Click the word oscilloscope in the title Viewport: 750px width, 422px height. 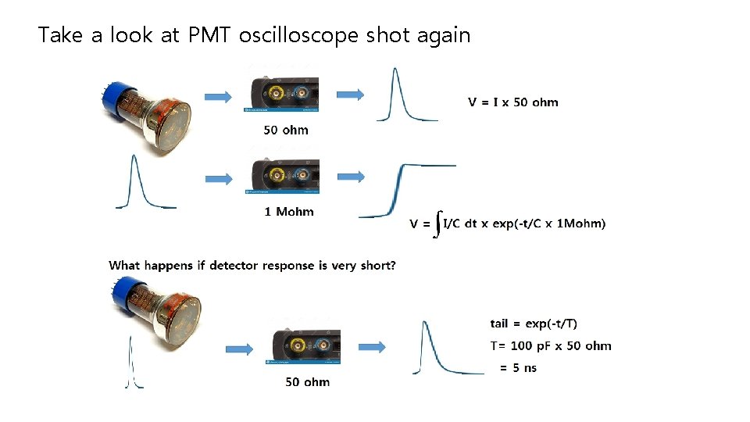pos(301,35)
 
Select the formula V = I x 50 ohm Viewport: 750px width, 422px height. pos(512,102)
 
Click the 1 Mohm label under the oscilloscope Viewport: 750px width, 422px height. pos(288,211)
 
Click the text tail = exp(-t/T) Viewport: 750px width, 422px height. pos(534,324)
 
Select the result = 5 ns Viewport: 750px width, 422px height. pos(518,367)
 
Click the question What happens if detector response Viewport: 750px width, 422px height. pos(252,266)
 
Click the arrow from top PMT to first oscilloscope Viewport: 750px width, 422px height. pos(219,97)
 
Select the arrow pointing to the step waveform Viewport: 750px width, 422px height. pos(350,177)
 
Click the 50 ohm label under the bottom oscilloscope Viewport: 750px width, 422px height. pos(307,382)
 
